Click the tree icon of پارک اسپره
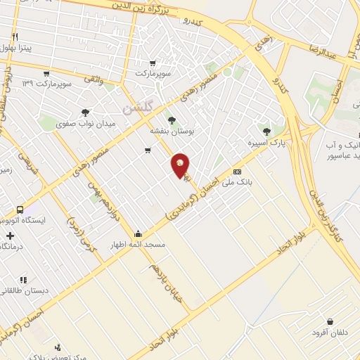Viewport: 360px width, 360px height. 266,131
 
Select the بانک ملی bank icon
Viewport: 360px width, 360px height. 237,171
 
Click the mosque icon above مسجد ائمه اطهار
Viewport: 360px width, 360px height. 138,234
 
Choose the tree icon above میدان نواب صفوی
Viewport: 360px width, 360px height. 86,112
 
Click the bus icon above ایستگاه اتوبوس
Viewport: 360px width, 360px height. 20,210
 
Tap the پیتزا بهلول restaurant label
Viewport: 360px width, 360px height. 15,47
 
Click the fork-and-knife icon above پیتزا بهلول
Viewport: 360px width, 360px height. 15,35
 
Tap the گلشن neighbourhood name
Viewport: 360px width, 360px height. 133,108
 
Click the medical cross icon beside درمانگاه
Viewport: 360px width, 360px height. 9,236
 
